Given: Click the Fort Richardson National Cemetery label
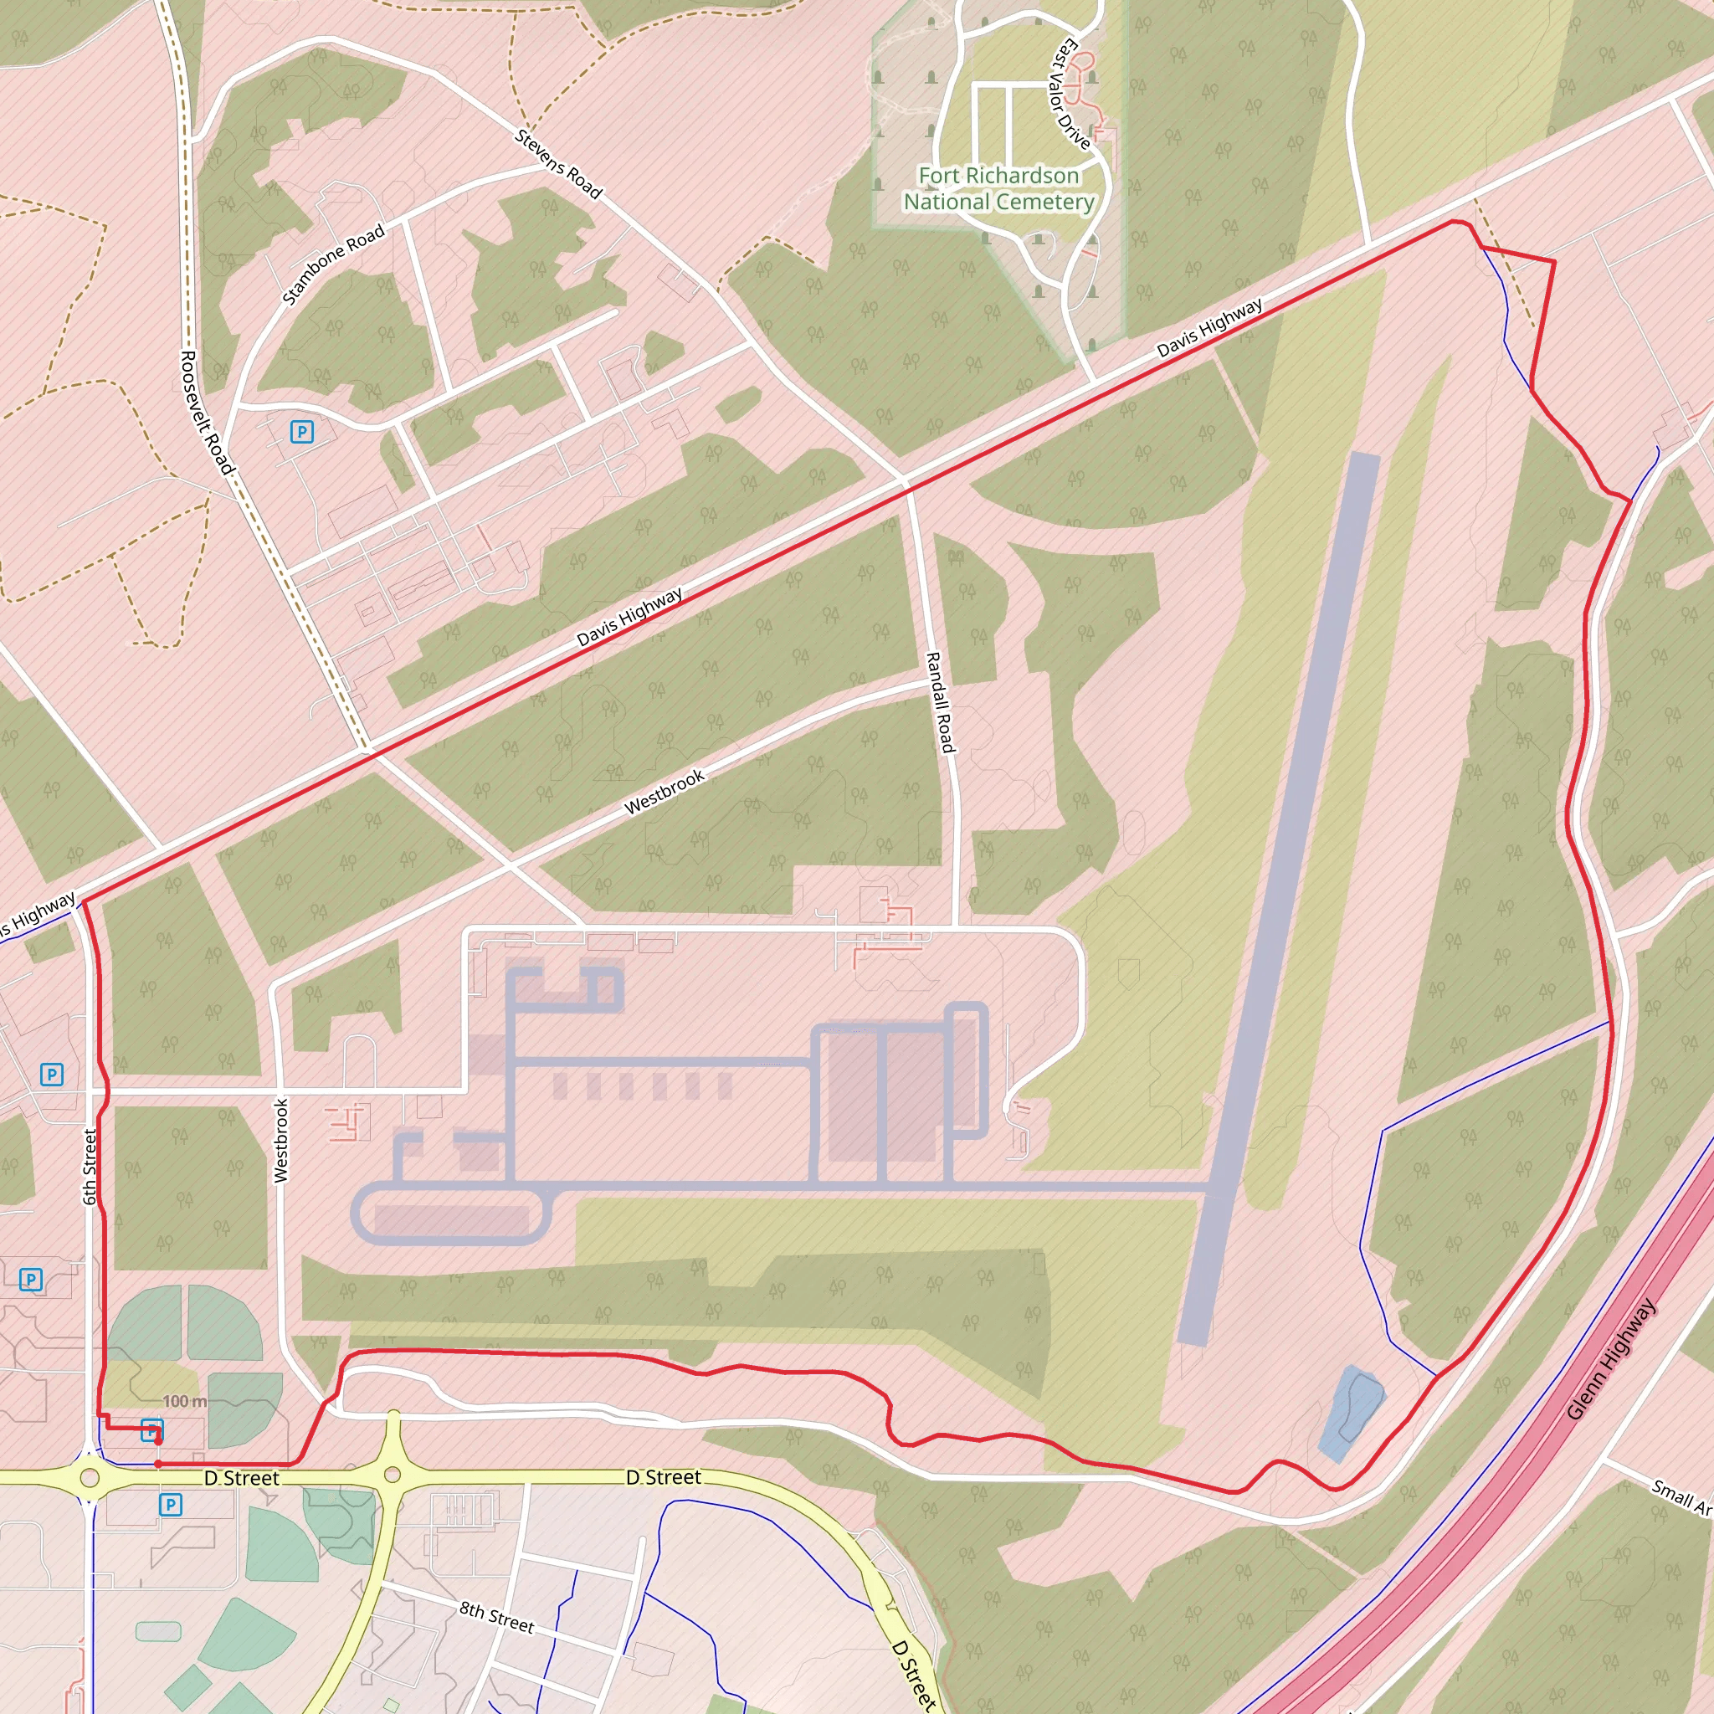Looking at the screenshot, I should pyautogui.click(x=998, y=189).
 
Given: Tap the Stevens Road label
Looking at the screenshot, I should pyautogui.click(x=558, y=164).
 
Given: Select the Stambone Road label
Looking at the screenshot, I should pyautogui.click(x=334, y=264).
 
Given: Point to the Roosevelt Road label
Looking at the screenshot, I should pyautogui.click(x=206, y=413).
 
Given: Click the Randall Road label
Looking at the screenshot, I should pyautogui.click(x=940, y=703).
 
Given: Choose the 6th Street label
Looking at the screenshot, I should pyautogui.click(x=90, y=1167).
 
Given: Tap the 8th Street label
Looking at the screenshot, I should pyautogui.click(x=497, y=1617).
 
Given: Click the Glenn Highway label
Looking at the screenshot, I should pyautogui.click(x=1610, y=1358).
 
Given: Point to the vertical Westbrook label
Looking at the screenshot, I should pyautogui.click(x=281, y=1140).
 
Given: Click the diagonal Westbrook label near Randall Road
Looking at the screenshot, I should pyautogui.click(x=665, y=792).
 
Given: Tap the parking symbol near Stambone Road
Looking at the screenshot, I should pyautogui.click(x=301, y=432).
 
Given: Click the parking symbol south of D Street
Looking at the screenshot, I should pyautogui.click(x=171, y=1505).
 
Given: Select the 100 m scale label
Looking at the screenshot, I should pyautogui.click(x=184, y=1402).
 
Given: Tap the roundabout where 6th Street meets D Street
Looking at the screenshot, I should pyautogui.click(x=89, y=1478).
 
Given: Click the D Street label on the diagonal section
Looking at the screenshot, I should pyautogui.click(x=914, y=1673).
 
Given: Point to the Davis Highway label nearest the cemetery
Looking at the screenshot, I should pyautogui.click(x=1209, y=328).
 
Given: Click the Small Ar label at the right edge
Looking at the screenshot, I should pyautogui.click(x=1681, y=1497).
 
